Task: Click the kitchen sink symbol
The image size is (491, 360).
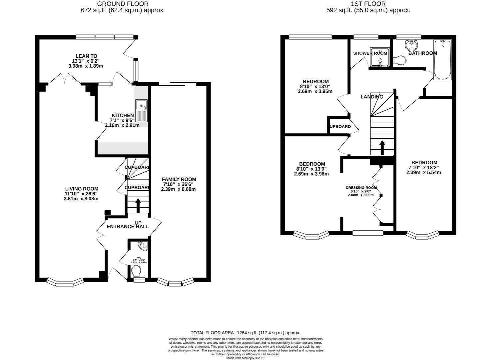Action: click(142, 111)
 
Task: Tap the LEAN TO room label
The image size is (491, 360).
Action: click(86, 56)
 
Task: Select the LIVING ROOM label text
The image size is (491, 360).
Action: click(82, 189)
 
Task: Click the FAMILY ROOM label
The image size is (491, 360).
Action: click(179, 179)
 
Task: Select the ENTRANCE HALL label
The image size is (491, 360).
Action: click(128, 226)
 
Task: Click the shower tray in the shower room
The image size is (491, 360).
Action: click(380, 58)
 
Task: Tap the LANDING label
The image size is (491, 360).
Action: click(372, 97)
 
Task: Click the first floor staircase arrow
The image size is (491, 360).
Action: click(382, 148)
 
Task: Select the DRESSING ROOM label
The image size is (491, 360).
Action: click(361, 188)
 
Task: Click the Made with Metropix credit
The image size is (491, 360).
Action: click(245, 358)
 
